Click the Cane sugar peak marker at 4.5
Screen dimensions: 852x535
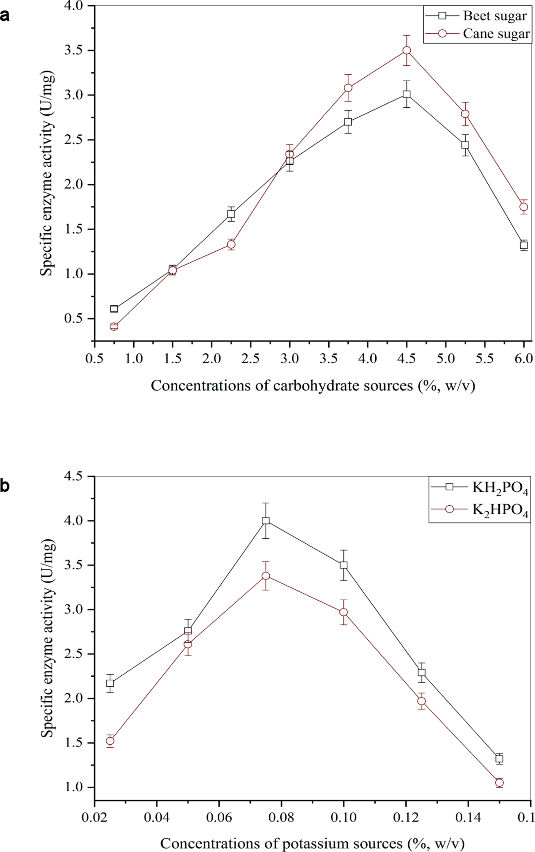(x=407, y=50)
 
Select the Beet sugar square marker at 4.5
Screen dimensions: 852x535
(x=407, y=94)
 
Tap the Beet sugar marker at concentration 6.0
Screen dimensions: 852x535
(x=523, y=245)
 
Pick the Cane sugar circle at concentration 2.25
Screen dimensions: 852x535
(x=231, y=244)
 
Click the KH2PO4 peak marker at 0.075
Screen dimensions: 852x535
(x=266, y=521)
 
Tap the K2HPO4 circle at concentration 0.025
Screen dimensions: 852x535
(x=110, y=741)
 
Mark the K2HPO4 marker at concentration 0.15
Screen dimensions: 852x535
(x=499, y=783)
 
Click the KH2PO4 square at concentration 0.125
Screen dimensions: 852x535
(x=421, y=672)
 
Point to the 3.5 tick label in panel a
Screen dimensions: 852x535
(x=74, y=50)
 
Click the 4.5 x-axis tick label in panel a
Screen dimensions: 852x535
(x=407, y=359)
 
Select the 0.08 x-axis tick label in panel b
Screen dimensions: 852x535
(x=281, y=818)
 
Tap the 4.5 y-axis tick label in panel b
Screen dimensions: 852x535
(x=74, y=476)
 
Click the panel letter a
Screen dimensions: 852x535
(x=5, y=16)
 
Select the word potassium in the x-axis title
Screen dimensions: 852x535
(x=312, y=844)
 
